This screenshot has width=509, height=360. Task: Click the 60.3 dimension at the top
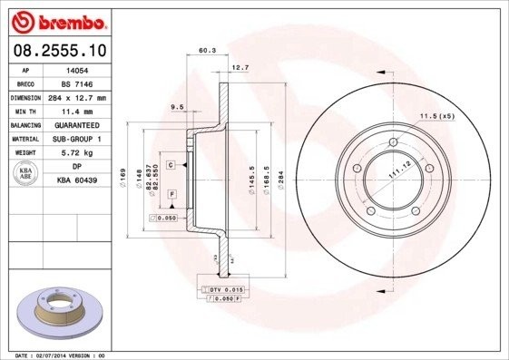coord(207,52)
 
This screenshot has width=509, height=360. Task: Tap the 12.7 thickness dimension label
coord(240,68)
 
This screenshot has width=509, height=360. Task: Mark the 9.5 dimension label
coord(178,107)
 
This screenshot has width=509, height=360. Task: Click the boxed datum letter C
coord(171,165)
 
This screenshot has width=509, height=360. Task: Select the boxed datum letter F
coord(171,194)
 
